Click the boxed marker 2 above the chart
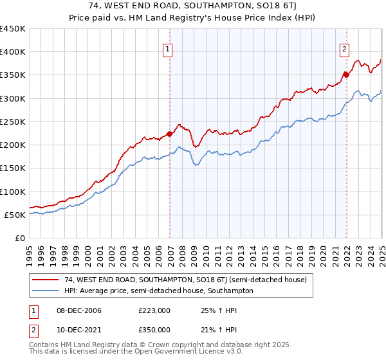pyautogui.click(x=344, y=49)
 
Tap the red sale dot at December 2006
pyautogui.click(x=170, y=134)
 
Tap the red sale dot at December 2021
pyautogui.click(x=346, y=75)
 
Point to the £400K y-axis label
pyautogui.click(x=13, y=52)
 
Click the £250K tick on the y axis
pyautogui.click(x=13, y=122)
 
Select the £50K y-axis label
pyautogui.click(x=15, y=215)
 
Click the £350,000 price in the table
pyautogui.click(x=154, y=330)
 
